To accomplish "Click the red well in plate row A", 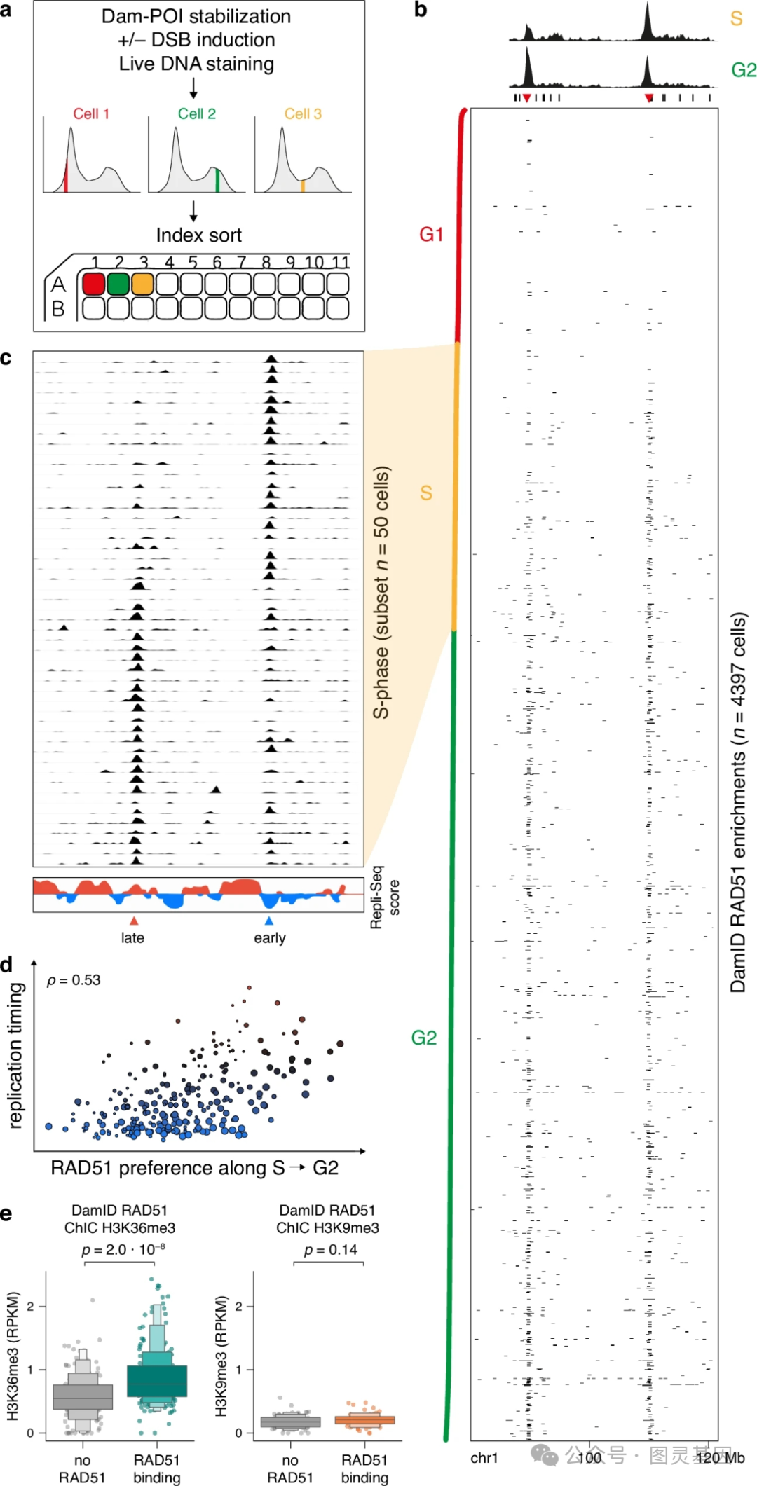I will coord(94,284).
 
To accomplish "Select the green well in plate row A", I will coord(118,284).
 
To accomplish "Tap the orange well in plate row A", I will coord(142,284).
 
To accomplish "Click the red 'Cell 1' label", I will coord(91,113).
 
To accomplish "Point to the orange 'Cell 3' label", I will coord(303,113).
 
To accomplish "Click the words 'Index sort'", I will coord(198,235).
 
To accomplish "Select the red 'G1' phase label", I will coord(431,234).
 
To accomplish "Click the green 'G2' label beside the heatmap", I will coord(424,1038).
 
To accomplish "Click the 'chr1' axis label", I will coord(484,1458).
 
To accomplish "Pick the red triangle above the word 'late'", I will coord(134,921).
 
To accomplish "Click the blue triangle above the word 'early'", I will coord(269,921).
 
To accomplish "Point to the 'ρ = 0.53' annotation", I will coord(74,980).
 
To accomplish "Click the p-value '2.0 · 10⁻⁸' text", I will coord(123,1250).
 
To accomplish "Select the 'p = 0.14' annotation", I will coord(331,1250).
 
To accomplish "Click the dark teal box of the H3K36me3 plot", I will coord(157,1381).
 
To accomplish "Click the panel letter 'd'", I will coord(7,965).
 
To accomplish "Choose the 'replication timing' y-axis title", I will coord(15,1055).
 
